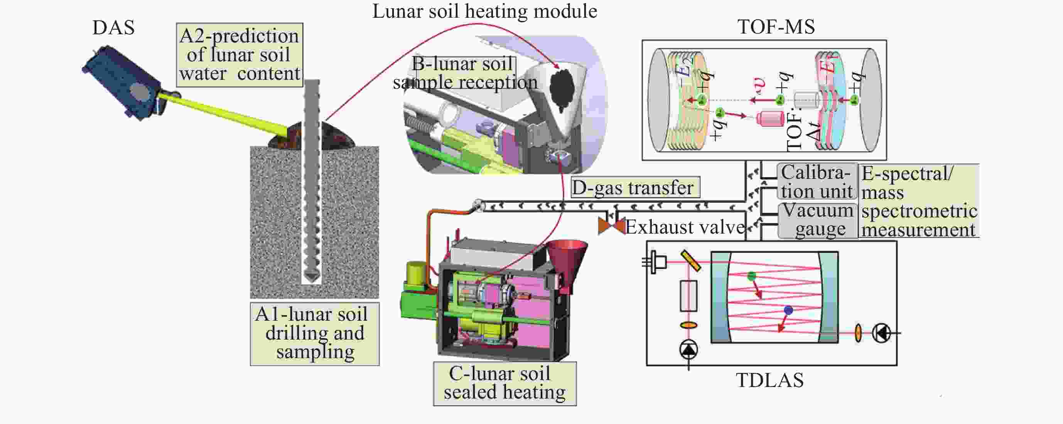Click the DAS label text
point(113,28)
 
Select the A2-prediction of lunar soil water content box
point(240,55)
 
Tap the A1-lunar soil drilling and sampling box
point(314,334)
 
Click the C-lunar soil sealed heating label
point(505,383)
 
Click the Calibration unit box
point(816,182)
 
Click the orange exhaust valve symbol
point(612,225)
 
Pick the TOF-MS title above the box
point(776,27)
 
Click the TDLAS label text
point(769,380)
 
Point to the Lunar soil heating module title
point(484,11)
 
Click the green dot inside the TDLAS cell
point(751,276)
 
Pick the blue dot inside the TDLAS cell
point(788,310)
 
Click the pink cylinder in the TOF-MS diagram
point(770,118)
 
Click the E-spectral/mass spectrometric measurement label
point(919,201)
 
